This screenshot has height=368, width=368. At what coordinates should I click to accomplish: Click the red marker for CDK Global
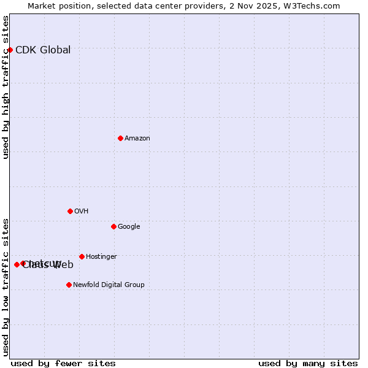pyautogui.click(x=10, y=50)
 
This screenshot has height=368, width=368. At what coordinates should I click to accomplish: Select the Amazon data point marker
pyautogui.click(x=120, y=138)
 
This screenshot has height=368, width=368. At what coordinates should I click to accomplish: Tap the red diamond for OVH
pyautogui.click(x=70, y=211)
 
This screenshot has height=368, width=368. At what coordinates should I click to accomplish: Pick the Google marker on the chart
pyautogui.click(x=113, y=226)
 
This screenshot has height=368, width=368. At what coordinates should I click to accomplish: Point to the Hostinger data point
pyautogui.click(x=82, y=256)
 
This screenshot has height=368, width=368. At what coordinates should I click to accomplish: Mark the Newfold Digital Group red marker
pyautogui.click(x=69, y=285)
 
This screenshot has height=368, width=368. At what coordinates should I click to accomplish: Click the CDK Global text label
pyautogui.click(x=43, y=50)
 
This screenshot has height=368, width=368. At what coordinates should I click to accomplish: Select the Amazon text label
pyautogui.click(x=137, y=139)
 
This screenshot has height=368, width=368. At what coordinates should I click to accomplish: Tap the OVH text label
pyautogui.click(x=82, y=212)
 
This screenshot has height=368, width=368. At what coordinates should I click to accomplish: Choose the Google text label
pyautogui.click(x=129, y=227)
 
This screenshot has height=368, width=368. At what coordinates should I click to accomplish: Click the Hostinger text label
pyautogui.click(x=101, y=257)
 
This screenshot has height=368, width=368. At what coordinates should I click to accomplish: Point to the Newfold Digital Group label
pyautogui.click(x=109, y=285)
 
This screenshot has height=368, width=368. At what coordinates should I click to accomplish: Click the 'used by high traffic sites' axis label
pyautogui.click(x=6, y=87)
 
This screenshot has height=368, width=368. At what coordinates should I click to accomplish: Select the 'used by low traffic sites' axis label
pyautogui.click(x=6, y=286)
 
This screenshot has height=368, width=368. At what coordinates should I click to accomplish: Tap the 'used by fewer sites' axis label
pyautogui.click(x=63, y=363)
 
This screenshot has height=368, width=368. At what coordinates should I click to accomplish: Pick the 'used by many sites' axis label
pyautogui.click(x=308, y=363)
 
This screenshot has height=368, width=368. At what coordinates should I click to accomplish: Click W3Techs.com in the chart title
pyautogui.click(x=315, y=6)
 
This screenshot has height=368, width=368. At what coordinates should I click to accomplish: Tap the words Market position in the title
pyautogui.click(x=57, y=6)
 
